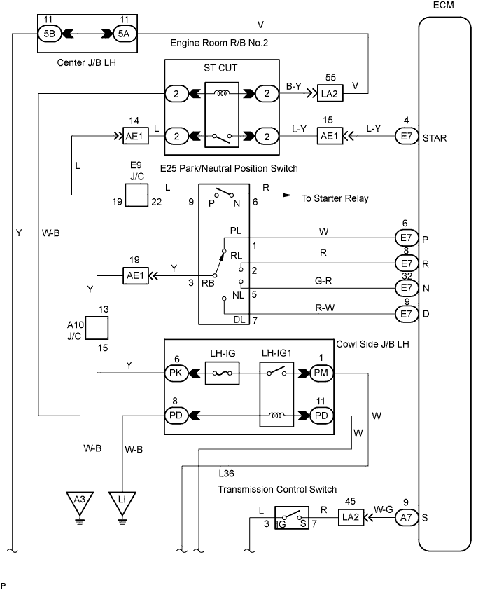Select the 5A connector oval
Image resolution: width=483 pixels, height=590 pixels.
[122, 33]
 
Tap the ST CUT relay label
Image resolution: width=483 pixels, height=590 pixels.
[222, 71]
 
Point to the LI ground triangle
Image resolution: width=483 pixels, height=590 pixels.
[122, 501]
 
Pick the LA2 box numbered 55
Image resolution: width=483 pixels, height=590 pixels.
[330, 92]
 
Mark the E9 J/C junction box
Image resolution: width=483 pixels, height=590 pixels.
[136, 195]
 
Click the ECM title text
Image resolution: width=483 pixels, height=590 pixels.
[443, 8]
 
